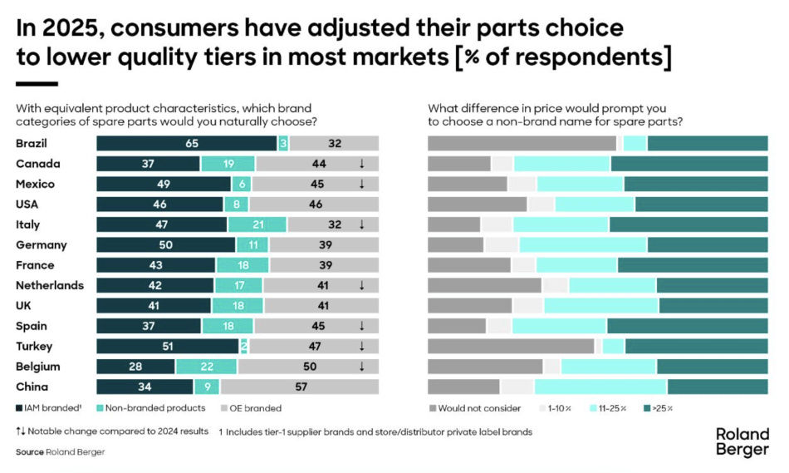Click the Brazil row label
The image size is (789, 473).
32,143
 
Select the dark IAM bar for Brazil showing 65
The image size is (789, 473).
187,143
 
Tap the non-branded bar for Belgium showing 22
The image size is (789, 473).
206,367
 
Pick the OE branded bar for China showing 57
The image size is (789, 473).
300,387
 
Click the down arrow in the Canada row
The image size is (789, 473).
362,164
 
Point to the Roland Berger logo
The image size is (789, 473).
742,442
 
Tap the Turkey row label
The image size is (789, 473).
34,346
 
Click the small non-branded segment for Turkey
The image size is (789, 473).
244,346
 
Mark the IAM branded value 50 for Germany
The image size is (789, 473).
166,244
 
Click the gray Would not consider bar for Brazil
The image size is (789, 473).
522,143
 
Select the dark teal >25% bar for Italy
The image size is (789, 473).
689,224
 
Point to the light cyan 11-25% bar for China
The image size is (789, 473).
600,387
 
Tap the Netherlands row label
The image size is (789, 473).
50,285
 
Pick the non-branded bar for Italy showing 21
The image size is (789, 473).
257,224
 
